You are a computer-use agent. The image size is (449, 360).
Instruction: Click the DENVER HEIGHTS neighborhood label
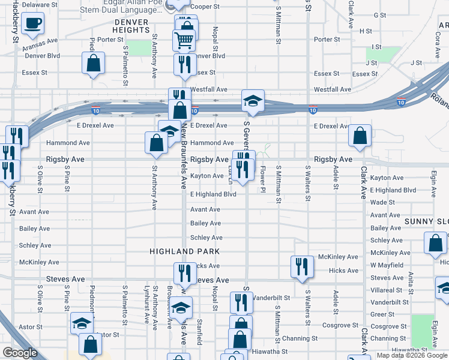click(130, 26)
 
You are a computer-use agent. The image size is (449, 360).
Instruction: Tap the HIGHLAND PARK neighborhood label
click(185, 251)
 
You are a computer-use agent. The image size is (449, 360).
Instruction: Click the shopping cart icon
click(184, 40)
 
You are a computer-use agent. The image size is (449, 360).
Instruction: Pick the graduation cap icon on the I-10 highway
click(253, 101)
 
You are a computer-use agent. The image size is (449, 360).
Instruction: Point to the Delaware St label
click(39, 4)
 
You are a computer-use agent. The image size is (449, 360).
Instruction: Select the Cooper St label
click(208, 7)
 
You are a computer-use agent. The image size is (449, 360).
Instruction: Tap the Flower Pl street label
click(262, 177)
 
